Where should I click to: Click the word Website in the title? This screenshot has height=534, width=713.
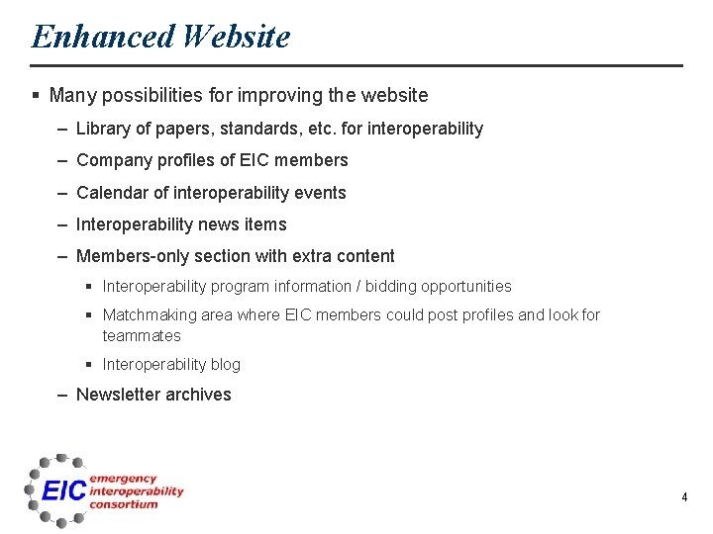pyautogui.click(x=237, y=37)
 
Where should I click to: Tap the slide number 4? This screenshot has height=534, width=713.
pyautogui.click(x=684, y=497)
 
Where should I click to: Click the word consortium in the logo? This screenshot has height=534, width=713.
pyautogui.click(x=123, y=503)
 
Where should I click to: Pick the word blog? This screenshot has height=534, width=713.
pyautogui.click(x=225, y=365)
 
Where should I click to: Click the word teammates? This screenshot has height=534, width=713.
pyautogui.click(x=142, y=336)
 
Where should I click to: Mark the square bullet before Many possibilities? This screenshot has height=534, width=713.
pyautogui.click(x=36, y=96)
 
